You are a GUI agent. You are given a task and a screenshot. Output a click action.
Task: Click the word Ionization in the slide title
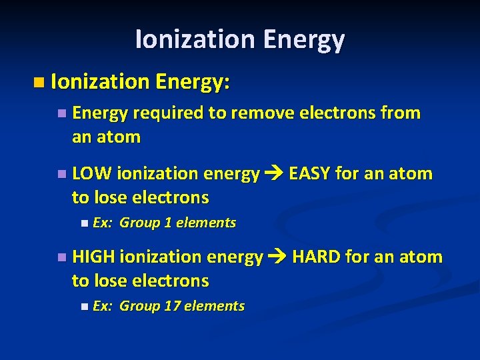(x=195, y=40)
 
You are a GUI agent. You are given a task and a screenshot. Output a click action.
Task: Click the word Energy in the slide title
(x=303, y=40)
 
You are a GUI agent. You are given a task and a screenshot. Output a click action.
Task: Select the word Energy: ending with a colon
(x=193, y=82)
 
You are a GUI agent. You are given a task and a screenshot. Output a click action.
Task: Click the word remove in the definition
(x=259, y=113)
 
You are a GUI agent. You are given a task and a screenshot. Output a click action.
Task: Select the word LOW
(x=92, y=175)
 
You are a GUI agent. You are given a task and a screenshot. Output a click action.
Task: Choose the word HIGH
(x=94, y=257)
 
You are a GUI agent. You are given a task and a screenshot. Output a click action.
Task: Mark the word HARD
(x=317, y=257)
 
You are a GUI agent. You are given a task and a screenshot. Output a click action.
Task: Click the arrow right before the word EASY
(x=274, y=175)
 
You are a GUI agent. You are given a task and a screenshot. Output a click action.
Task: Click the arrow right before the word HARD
(x=277, y=257)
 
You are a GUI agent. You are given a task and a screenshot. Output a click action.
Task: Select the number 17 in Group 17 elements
(x=172, y=307)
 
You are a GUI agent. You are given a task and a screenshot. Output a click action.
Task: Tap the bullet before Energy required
(x=61, y=114)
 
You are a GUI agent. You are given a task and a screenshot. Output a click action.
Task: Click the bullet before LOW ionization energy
(x=61, y=175)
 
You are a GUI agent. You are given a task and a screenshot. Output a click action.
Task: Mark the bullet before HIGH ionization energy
(x=61, y=258)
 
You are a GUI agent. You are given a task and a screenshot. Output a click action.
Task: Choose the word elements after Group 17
(x=214, y=307)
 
